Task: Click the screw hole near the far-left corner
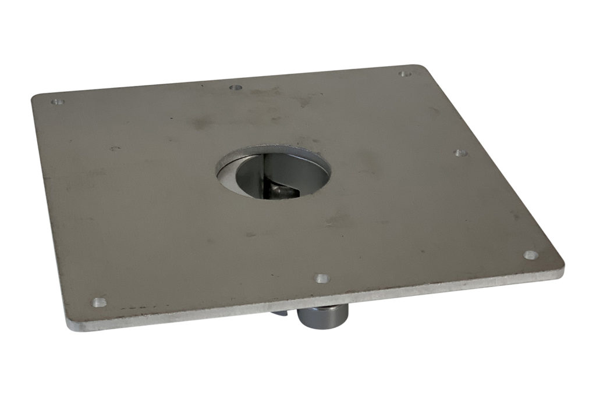click(56, 102)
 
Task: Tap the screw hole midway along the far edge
click(236, 88)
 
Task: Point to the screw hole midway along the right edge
click(460, 153)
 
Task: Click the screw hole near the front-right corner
click(530, 255)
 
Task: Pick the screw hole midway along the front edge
click(322, 278)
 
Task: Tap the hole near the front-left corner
click(100, 302)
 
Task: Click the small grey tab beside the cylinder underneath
click(279, 313)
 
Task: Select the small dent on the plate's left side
click(115, 148)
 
